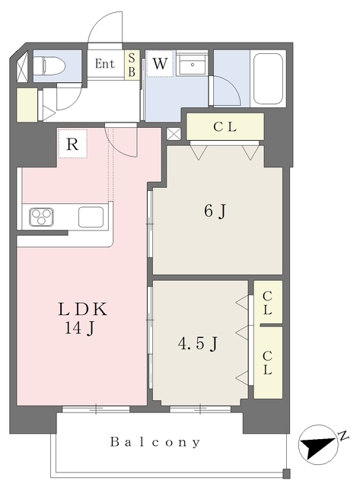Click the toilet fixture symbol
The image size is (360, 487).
[49, 66]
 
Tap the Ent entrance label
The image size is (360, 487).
[105, 64]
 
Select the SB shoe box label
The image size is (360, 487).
[132, 65]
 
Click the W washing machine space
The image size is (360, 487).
[160, 63]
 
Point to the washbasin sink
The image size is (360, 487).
[193, 63]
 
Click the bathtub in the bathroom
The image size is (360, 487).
[269, 79]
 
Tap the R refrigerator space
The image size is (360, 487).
[72, 144]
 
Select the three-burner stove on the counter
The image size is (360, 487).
[41, 216]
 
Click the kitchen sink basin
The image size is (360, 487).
[91, 217]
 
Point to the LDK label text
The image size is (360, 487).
[83, 310]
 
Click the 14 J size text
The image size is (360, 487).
[79, 327]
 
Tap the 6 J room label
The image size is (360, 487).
[215, 212]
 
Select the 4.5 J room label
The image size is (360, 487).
[198, 344]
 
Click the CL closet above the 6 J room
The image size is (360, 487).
[225, 127]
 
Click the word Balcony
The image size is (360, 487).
[155, 442]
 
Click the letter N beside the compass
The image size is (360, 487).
[343, 435]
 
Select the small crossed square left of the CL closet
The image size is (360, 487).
[174, 134]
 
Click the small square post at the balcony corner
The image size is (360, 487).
[286, 473]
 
